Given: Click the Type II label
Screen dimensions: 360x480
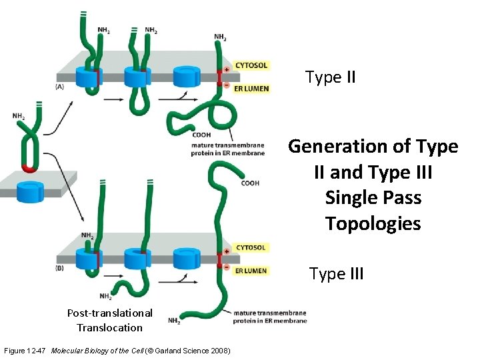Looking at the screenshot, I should [x=330, y=77].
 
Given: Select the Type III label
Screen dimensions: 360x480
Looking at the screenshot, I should [x=336, y=273].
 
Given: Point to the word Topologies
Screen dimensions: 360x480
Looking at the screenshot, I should [x=373, y=223].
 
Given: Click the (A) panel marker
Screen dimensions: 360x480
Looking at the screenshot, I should [x=60, y=86].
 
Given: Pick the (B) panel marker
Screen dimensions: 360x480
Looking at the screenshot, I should [x=60, y=268].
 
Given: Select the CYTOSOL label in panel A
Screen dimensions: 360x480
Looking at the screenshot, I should [x=251, y=65].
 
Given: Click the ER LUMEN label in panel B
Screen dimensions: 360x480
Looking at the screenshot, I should [x=251, y=271].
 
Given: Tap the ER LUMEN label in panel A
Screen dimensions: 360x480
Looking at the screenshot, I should [x=251, y=89].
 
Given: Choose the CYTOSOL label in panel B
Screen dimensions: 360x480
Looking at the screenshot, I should [x=251, y=247].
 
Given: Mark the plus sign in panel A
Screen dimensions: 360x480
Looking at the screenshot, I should [x=227, y=69].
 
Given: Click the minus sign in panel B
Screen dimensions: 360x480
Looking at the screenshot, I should [x=227, y=267].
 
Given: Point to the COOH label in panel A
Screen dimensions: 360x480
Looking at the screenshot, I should [x=201, y=135].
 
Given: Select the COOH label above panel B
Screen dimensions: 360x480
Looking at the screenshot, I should [x=250, y=183].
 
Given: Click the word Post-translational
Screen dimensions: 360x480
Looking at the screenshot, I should [x=109, y=313].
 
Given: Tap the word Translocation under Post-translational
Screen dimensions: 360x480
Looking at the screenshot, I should [x=109, y=327].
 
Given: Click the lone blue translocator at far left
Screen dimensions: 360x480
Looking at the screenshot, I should [x=29, y=192].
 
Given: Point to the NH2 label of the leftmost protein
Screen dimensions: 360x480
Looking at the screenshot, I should [x=19, y=116].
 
